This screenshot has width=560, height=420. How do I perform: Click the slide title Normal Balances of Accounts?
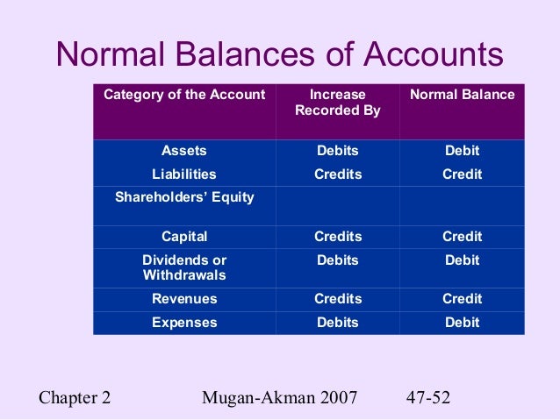coord(279,55)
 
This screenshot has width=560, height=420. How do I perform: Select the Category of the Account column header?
coord(184,95)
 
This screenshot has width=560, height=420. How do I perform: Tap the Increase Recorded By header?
coord(338,103)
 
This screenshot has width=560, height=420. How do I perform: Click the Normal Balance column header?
coord(462,95)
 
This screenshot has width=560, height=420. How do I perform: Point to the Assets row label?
coord(184,151)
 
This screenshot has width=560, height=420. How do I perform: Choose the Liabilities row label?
coord(184,174)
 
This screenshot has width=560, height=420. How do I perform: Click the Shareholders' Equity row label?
coord(184,197)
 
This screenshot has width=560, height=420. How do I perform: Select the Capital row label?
coord(184,237)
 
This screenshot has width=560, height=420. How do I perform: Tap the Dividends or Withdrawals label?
coord(184,267)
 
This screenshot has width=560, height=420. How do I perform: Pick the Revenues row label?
coord(184,299)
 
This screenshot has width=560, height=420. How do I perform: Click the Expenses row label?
coord(184,323)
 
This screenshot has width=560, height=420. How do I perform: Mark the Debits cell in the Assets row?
coord(338,151)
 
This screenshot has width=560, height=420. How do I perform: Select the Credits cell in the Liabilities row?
coord(338,174)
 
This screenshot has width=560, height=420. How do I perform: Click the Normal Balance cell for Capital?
coord(462,237)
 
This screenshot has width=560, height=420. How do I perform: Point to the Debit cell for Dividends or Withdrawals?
coord(462,260)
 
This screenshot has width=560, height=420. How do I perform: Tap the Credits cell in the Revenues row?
coord(338,299)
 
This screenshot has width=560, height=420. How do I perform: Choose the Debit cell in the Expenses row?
coord(462,323)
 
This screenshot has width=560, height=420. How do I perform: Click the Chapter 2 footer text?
coord(75,396)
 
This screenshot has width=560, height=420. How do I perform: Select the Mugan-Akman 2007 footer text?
coord(279,396)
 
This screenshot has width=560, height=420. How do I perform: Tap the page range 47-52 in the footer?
coord(428,396)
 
